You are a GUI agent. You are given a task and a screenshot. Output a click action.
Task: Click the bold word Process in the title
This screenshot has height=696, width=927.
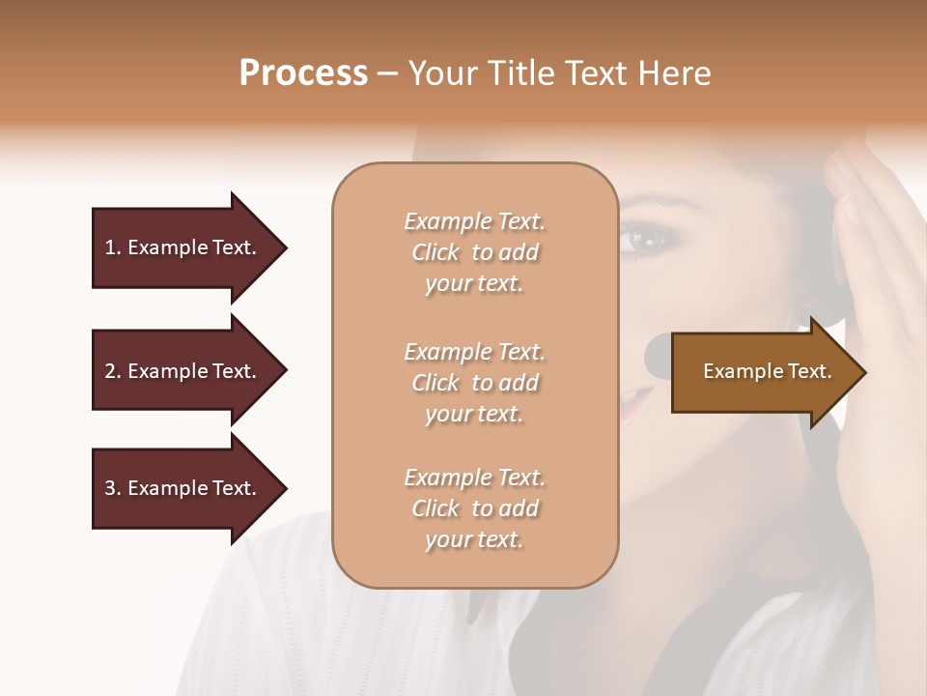303,73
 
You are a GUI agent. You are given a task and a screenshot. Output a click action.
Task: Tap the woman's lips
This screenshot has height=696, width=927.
633,401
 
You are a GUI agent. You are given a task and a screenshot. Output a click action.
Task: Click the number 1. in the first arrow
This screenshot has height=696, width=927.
112,247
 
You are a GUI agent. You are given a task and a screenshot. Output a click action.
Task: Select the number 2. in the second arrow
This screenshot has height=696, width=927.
112,371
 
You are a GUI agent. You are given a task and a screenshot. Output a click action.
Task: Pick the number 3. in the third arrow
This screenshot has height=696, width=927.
112,488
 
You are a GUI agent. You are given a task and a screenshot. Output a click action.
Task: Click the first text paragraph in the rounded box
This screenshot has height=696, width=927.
474,252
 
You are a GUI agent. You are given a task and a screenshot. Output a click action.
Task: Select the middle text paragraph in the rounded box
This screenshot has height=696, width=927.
474,383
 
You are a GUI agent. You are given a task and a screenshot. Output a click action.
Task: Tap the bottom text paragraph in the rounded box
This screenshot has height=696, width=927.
474,508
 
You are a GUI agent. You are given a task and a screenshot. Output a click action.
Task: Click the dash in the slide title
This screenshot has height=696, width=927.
388,73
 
